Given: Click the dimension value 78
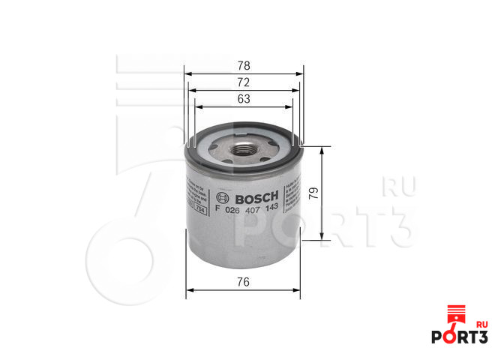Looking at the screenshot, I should click(x=243, y=65).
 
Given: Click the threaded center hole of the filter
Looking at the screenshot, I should click(x=242, y=148).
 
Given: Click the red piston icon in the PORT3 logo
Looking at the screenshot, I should click(x=452, y=316).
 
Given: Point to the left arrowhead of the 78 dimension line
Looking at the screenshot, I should click(x=187, y=74).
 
